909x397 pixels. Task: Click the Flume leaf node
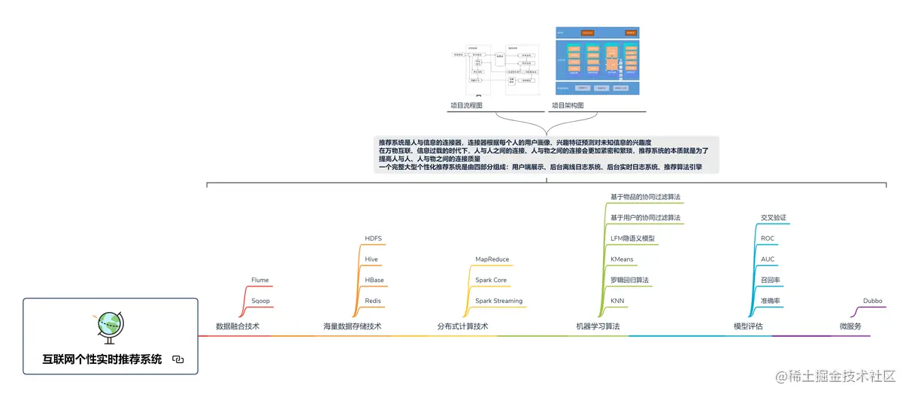(259, 280)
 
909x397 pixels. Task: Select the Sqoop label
(260, 301)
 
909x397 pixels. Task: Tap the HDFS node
(373, 238)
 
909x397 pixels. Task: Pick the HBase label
(374, 280)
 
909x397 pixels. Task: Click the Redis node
(373, 301)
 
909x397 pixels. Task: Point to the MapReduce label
(492, 259)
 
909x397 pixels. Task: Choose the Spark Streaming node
(498, 301)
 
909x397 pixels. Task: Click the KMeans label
(622, 259)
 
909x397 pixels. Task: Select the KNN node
(617, 301)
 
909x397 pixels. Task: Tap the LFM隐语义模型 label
(632, 238)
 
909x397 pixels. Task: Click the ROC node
(768, 238)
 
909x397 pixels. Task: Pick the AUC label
(768, 259)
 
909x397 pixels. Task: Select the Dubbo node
(872, 301)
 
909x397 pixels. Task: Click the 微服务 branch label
(850, 326)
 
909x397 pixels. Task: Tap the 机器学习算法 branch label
(598, 326)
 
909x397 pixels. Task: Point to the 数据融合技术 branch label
(238, 326)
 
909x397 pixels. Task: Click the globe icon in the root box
(111, 325)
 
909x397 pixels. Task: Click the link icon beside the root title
(178, 359)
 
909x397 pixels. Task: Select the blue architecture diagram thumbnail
(597, 61)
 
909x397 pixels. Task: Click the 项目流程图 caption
(466, 105)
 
